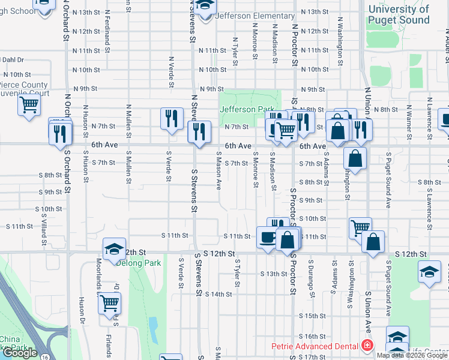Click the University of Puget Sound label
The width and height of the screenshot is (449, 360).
(399, 14)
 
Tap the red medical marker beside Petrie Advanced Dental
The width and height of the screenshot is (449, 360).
(366, 346)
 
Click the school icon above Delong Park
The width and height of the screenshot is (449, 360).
(114, 250)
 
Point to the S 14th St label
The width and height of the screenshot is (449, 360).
(218, 294)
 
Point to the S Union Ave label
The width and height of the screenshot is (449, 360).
(367, 313)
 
